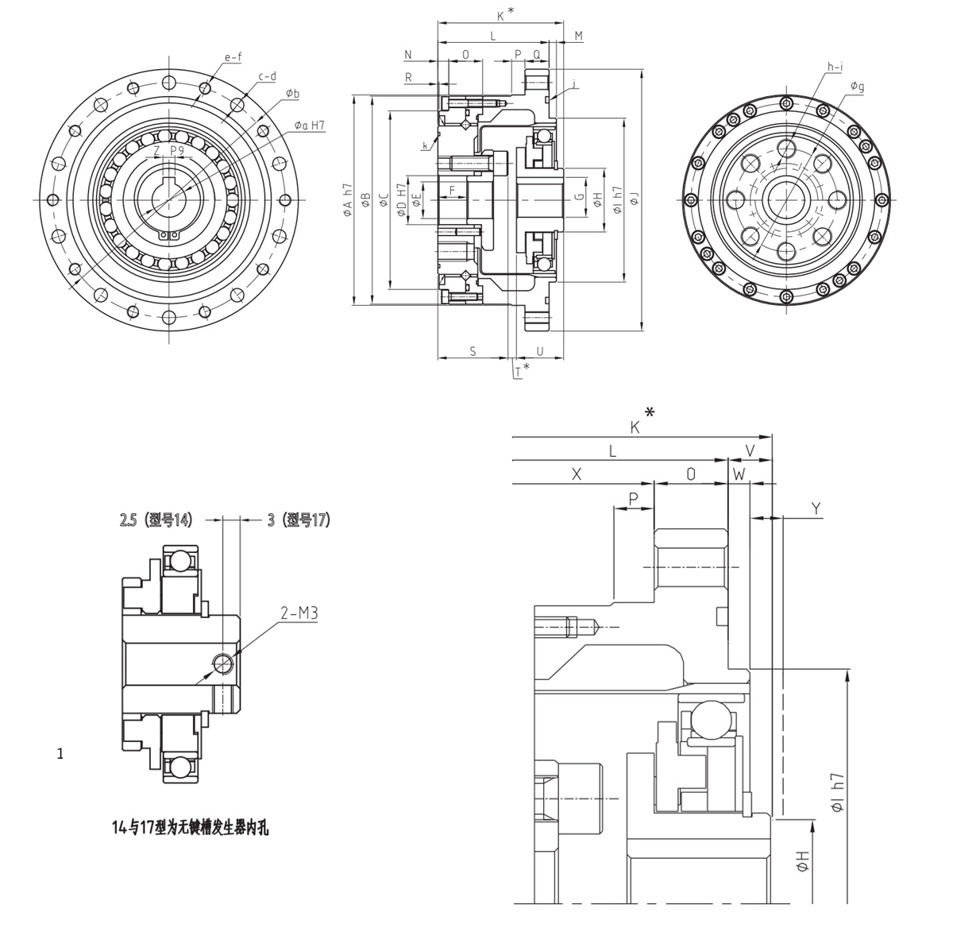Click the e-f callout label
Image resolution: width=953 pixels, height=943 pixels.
click(x=233, y=57)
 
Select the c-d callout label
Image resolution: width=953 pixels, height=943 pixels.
click(x=267, y=76)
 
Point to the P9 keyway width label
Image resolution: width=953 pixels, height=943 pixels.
click(x=177, y=150)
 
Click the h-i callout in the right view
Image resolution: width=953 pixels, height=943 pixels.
click(x=834, y=68)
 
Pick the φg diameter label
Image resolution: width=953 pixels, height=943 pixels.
click(x=857, y=86)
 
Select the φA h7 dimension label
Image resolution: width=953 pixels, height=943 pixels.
click(x=347, y=199)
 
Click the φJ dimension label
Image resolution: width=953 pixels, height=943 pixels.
click(x=635, y=199)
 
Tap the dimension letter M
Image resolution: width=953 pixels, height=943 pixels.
click(x=578, y=36)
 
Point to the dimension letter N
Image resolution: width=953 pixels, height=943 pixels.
click(x=408, y=55)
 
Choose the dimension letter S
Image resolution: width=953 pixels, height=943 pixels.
click(x=473, y=350)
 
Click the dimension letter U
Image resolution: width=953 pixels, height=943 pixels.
click(x=540, y=350)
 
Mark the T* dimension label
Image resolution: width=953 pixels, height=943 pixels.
click(x=521, y=369)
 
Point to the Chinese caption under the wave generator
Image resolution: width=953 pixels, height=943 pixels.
click(x=191, y=828)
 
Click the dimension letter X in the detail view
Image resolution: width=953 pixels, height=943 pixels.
click(x=577, y=473)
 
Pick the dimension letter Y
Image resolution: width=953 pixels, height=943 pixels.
click(x=816, y=508)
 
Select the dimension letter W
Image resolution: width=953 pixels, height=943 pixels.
click(x=739, y=473)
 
